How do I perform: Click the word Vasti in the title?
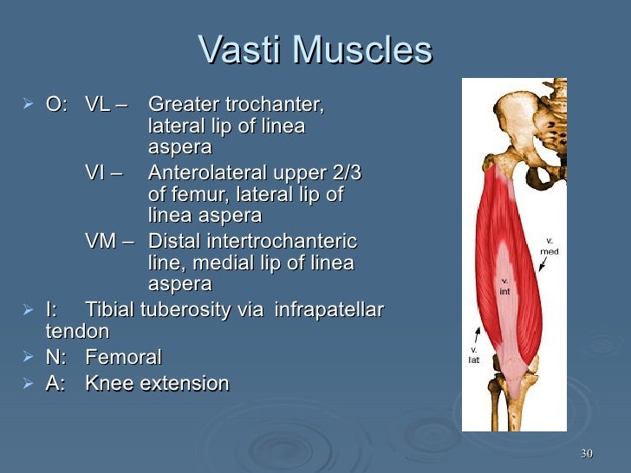tap(240, 50)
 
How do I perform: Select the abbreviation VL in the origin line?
tap(98, 106)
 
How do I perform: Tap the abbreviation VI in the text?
tap(95, 173)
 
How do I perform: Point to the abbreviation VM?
tap(101, 242)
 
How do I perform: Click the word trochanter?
tap(277, 106)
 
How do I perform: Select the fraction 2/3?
tap(342, 173)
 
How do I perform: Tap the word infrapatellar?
tap(329, 309)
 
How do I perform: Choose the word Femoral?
tap(123, 357)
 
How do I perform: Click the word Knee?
tap(109, 383)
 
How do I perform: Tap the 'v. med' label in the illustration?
tap(550, 246)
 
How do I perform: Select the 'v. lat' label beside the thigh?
tap(474, 354)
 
